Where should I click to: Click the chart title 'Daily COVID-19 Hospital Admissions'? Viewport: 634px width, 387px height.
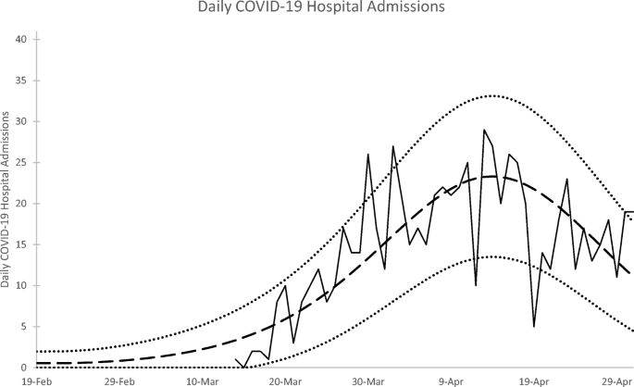317,8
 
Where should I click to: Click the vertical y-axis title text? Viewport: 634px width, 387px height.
7,200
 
